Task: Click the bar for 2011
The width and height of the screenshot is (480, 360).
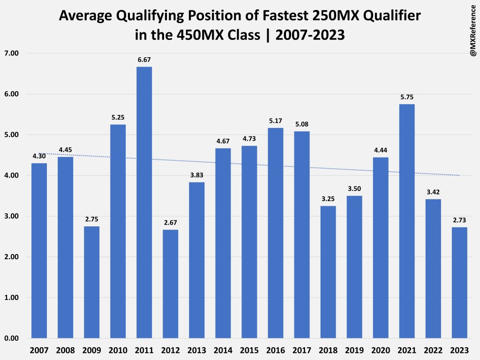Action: click(144, 202)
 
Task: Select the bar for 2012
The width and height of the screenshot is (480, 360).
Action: click(170, 284)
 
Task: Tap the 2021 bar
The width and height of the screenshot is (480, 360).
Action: click(407, 221)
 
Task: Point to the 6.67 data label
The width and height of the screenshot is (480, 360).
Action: click(144, 60)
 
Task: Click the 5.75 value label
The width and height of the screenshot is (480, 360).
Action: click(407, 97)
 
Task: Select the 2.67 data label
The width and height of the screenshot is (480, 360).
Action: click(170, 223)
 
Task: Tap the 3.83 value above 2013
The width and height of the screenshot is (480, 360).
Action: click(196, 175)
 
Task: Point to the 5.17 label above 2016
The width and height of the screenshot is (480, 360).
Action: click(276, 121)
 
